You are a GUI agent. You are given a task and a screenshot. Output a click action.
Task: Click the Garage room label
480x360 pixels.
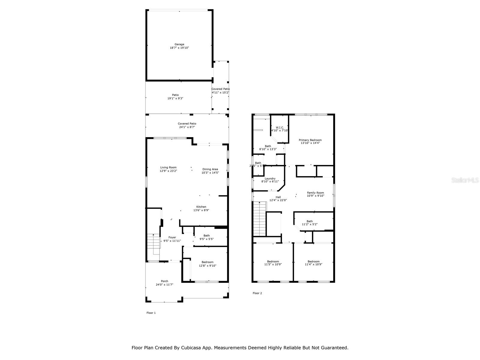tap(179, 44)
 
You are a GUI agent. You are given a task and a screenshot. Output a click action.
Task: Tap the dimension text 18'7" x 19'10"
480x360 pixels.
tap(179, 48)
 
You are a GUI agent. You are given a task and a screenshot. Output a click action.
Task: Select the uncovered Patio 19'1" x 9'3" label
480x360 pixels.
tap(175, 97)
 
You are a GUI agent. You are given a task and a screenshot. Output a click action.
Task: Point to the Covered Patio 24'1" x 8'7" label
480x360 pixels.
tap(187, 125)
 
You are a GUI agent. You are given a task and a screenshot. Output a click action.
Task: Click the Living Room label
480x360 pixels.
tap(168, 167)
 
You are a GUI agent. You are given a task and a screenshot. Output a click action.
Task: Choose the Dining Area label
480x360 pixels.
tap(210, 169)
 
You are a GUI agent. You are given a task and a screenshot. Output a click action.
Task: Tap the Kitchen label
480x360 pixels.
tap(201, 207)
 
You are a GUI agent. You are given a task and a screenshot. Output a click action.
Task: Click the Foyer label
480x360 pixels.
tap(172, 237)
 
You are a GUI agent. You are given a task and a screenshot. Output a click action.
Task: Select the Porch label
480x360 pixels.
tap(164, 281)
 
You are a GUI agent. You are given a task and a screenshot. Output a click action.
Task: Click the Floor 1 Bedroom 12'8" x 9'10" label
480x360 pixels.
tap(207, 264)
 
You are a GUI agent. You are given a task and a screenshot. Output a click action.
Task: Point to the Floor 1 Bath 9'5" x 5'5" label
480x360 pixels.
tap(206, 237)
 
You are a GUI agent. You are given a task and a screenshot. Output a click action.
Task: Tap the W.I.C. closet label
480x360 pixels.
tap(280, 127)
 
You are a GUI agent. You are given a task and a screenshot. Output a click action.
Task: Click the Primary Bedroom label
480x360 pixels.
tap(310, 140)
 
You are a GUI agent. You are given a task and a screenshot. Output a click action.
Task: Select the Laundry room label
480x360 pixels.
tap(270, 178)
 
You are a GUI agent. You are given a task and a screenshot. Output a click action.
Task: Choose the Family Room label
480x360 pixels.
tap(315, 193)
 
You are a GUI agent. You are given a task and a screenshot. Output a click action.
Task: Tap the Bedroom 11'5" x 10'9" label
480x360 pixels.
tap(273, 263)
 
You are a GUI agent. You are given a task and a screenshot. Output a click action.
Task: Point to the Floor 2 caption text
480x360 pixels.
tap(257, 293)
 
